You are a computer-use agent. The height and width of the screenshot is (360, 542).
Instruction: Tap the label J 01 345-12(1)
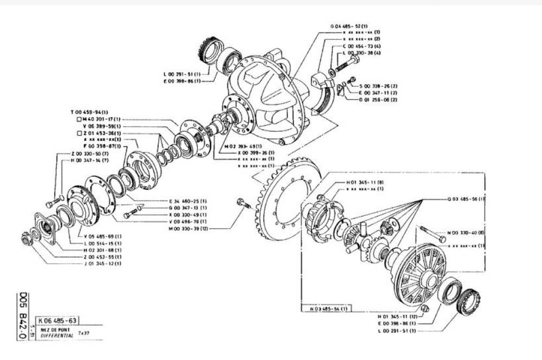pyautogui.click(x=102, y=263)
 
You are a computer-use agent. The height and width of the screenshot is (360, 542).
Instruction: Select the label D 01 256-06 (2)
pyautogui.click(x=378, y=100)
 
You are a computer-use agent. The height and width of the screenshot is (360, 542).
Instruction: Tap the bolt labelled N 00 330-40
pyautogui.click(x=431, y=235)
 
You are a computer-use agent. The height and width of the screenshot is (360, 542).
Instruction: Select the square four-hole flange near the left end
pyautogui.click(x=46, y=229)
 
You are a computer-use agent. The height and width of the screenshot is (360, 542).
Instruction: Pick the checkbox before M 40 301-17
pyautogui.click(x=79, y=119)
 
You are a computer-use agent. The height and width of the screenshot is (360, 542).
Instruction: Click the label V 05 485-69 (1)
pyautogui.click(x=102, y=236)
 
